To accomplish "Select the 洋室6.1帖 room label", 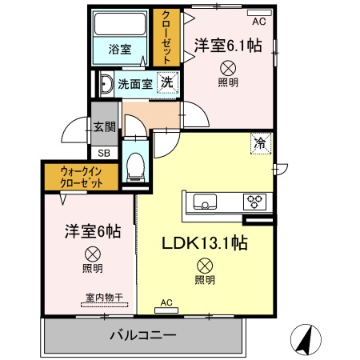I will click(226, 47).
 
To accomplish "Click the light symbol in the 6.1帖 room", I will click(227, 68).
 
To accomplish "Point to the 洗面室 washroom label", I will click(135, 83).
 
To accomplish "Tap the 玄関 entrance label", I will click(104, 126).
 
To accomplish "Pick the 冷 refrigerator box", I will click(261, 143).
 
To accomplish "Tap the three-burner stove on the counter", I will click(254, 201).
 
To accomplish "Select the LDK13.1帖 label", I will click(204, 243).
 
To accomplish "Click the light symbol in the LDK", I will click(205, 265).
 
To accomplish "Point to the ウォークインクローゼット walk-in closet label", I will click(82, 177).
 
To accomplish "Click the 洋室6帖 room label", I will click(93, 232).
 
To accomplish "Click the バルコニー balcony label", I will click(142, 335).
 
